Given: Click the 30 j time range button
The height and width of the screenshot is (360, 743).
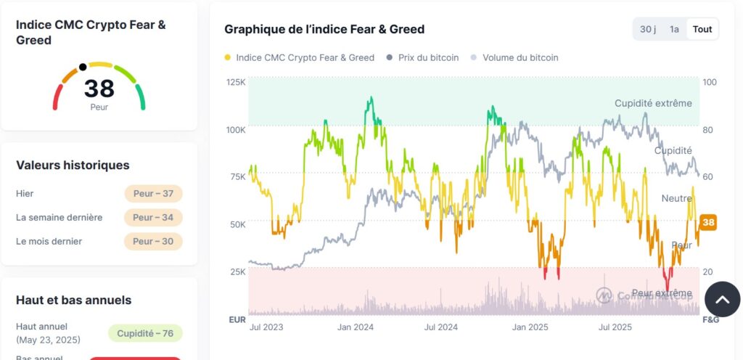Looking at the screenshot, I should tap(647, 29).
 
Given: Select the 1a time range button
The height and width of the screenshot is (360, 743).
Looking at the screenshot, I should tap(674, 29).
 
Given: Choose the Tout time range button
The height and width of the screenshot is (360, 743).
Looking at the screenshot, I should tap(702, 29).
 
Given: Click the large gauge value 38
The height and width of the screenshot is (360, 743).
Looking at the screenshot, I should tap(99, 89).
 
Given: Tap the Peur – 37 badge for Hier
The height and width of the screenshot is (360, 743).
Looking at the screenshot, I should tap(153, 194).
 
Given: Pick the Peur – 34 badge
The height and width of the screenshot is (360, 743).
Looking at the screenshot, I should tap(153, 218).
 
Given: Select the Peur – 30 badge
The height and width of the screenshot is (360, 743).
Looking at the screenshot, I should tap(153, 241).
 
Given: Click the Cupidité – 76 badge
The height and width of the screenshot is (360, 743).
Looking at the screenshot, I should tap(145, 333).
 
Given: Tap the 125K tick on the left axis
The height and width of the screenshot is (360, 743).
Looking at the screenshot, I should tap(236, 82).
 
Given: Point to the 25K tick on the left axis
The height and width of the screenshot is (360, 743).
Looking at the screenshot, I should tap(237, 271).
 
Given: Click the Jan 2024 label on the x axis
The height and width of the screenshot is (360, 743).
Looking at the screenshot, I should tap(356, 327).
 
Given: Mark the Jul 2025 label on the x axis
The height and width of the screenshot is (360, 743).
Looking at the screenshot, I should tap(615, 327).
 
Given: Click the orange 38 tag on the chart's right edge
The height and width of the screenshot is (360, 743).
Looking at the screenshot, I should tap(709, 223).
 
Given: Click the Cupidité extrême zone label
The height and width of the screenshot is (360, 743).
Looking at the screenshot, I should tap(653, 103).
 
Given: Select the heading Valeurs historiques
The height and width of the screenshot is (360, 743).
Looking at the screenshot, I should tap(73, 165).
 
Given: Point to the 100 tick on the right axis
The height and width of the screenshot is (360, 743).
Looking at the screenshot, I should tap(709, 82).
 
